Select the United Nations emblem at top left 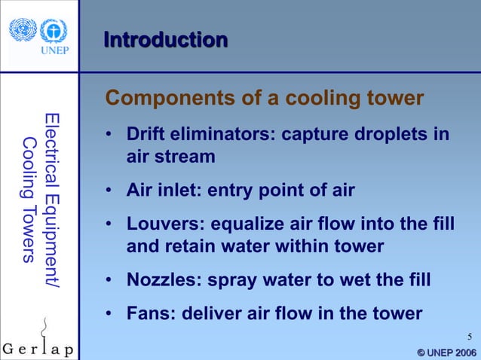[x=23, y=31]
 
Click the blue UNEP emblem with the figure [x=54, y=31]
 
